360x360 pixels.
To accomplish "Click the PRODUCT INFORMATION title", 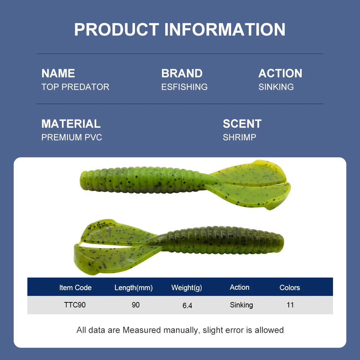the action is (x=180, y=30).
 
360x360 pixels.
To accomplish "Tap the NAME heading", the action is (x=58, y=73).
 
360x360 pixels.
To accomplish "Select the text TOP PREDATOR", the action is (x=75, y=87).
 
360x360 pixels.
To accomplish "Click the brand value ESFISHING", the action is (x=184, y=87).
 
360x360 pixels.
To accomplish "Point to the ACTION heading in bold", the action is (x=280, y=73).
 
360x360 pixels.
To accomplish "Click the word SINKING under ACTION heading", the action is (x=276, y=87).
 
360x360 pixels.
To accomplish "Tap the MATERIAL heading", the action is (x=71, y=124).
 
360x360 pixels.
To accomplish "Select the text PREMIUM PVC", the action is (x=72, y=137).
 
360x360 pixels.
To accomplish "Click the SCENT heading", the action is (x=242, y=124).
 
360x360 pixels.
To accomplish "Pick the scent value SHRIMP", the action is (x=239, y=137).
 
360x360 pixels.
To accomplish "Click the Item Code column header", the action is (x=75, y=287).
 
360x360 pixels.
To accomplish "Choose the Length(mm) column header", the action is (x=134, y=288).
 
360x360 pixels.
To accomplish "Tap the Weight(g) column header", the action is (x=186, y=288).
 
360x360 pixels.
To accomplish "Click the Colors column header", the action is (x=290, y=287).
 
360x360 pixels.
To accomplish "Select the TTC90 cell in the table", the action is (x=75, y=305).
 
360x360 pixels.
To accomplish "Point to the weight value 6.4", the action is (x=187, y=306).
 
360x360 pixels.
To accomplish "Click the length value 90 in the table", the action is (x=136, y=305).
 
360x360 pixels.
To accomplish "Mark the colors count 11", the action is (x=290, y=305).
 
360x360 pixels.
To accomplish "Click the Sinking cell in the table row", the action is (x=242, y=305).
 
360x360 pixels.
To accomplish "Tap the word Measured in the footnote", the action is (x=141, y=330).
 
